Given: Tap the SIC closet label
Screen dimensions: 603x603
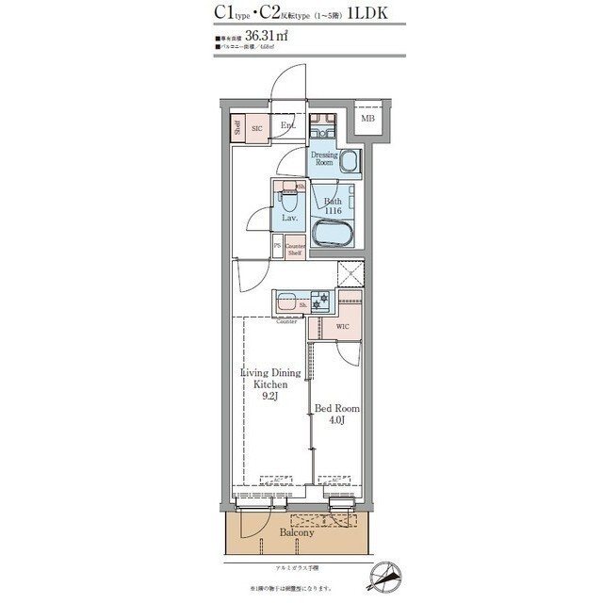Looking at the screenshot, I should point(256,127).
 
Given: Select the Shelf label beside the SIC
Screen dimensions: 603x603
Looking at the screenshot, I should point(237,128).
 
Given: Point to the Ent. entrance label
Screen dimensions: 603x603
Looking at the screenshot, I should point(288,125).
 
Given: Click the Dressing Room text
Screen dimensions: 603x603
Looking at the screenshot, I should point(323,159).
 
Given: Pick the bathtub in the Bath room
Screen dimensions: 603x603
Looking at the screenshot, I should point(334,234).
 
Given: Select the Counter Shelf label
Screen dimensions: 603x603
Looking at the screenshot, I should point(294,249).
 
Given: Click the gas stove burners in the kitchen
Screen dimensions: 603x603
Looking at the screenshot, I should point(323,301).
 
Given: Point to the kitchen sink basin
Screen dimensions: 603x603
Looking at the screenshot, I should point(288,303).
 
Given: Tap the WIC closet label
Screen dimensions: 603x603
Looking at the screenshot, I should point(343,326).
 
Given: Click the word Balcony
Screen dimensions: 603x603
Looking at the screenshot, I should point(295,532).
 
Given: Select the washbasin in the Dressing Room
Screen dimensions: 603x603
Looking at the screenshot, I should point(349,161).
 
